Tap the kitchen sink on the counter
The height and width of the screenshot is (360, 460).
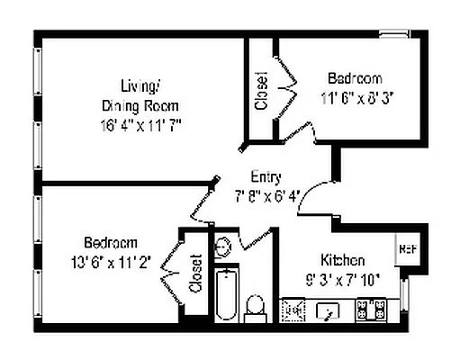(329, 311)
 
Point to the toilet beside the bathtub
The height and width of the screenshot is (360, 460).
(256, 308)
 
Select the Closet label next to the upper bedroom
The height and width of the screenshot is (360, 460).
(261, 90)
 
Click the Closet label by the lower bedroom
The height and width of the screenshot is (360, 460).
(195, 276)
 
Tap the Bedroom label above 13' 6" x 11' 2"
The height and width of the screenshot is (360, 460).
(111, 243)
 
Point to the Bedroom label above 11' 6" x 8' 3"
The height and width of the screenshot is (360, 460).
(354, 77)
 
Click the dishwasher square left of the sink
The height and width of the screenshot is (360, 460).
(293, 311)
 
